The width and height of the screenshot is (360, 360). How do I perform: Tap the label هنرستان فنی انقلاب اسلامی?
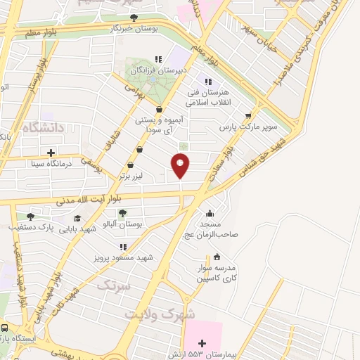click(203, 97)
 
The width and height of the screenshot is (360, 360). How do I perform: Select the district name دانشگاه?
click(43, 128)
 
